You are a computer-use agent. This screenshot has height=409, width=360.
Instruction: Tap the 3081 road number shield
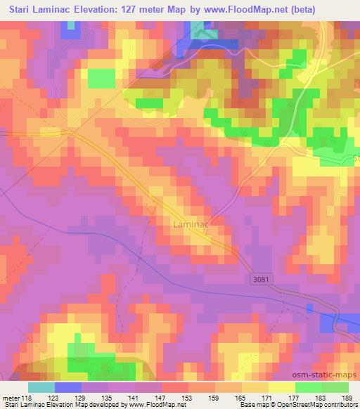[259, 280]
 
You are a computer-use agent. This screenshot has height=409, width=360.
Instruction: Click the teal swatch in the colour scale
[41, 387]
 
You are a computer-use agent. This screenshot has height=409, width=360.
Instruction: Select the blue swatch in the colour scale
[67, 387]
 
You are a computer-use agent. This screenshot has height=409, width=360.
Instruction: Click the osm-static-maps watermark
[326, 375]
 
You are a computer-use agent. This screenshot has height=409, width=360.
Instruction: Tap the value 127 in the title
[127, 10]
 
